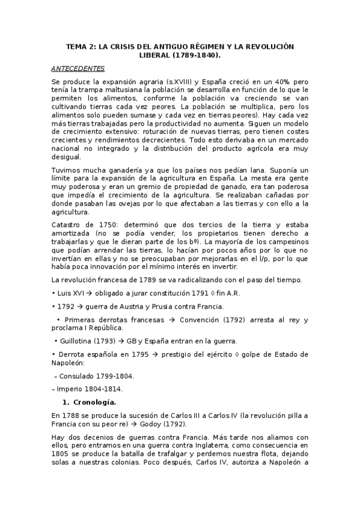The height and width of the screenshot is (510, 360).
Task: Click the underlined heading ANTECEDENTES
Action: pos(78,69)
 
